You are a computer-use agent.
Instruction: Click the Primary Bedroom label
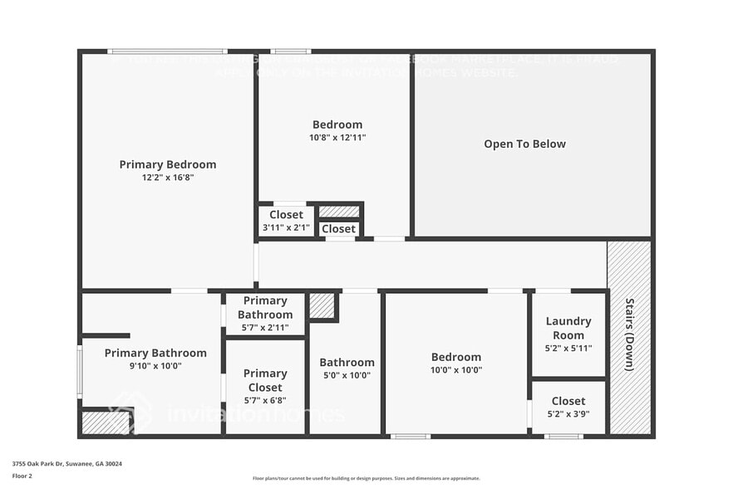tap(167, 164)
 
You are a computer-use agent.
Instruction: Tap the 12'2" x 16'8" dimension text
tap(167, 178)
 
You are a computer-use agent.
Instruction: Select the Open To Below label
tap(524, 144)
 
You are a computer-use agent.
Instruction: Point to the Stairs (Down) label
tap(630, 334)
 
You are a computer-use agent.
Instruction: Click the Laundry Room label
tap(568, 328)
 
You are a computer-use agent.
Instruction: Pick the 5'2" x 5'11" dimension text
tap(568, 349)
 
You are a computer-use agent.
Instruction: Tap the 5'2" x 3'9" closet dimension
tap(568, 414)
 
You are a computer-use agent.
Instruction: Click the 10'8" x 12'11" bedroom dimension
tap(337, 138)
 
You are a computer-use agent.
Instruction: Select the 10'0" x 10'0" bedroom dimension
tap(455, 370)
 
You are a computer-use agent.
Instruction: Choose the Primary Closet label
tap(264, 381)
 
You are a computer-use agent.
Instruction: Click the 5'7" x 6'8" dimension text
tap(264, 401)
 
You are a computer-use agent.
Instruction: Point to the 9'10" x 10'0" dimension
tap(155, 366)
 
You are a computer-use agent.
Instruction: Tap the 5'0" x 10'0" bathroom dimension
tap(347, 375)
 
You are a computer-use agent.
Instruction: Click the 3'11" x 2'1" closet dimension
tap(286, 227)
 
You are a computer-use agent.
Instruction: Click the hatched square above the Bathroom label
tap(322, 305)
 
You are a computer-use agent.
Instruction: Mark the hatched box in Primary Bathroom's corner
tap(106, 422)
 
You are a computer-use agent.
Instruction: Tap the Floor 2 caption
tap(22, 476)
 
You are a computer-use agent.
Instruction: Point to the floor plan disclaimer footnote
tap(366, 478)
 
